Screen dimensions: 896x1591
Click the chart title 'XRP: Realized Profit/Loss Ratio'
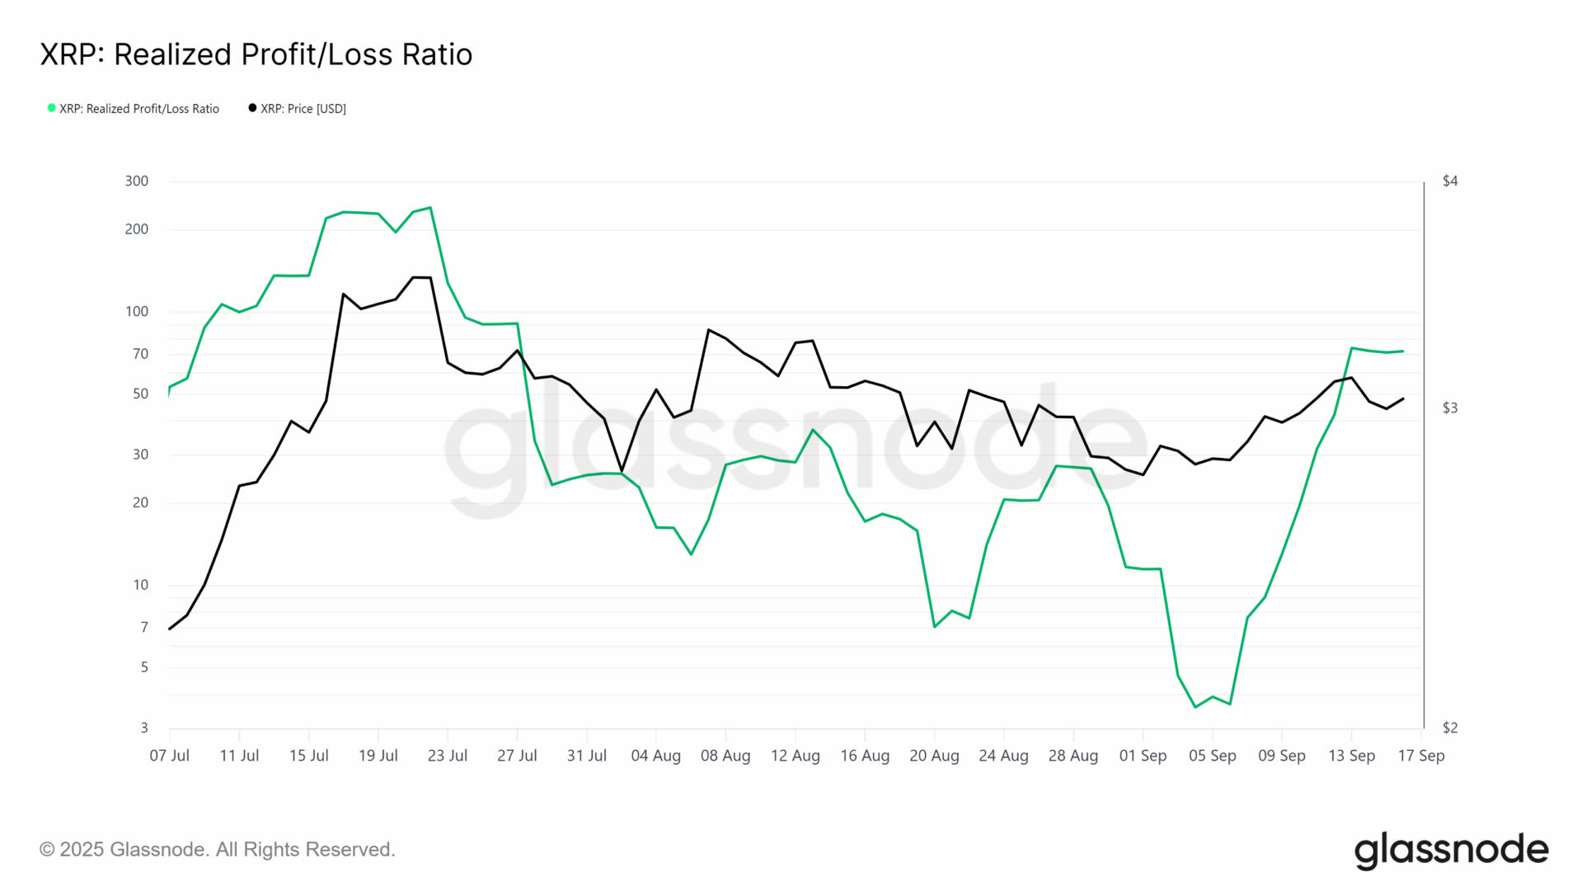click(x=256, y=54)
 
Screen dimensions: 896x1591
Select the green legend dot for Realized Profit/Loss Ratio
click(x=51, y=108)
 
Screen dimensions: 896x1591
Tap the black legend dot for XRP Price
click(x=252, y=108)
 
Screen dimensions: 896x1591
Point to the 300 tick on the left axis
click(x=137, y=181)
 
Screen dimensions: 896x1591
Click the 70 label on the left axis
click(x=140, y=354)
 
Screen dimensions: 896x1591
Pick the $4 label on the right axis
click(x=1449, y=181)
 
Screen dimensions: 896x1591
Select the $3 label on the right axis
click(x=1449, y=408)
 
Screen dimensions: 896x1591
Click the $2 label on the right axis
click(x=1449, y=728)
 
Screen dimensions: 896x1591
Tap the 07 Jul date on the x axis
click(x=169, y=756)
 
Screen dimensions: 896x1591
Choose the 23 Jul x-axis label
click(x=447, y=756)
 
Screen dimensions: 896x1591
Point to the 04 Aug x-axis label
click(x=655, y=756)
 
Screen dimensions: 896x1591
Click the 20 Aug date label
click(x=934, y=756)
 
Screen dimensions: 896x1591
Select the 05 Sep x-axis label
click(x=1212, y=756)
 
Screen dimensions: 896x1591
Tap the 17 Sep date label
click(x=1420, y=756)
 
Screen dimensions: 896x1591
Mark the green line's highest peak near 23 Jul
click(x=430, y=208)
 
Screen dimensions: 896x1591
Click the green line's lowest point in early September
click(x=1195, y=707)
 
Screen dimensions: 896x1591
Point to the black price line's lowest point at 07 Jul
click(x=170, y=629)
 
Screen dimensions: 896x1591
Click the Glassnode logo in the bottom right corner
click(x=1451, y=851)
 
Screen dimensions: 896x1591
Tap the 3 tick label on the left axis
click(x=144, y=728)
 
